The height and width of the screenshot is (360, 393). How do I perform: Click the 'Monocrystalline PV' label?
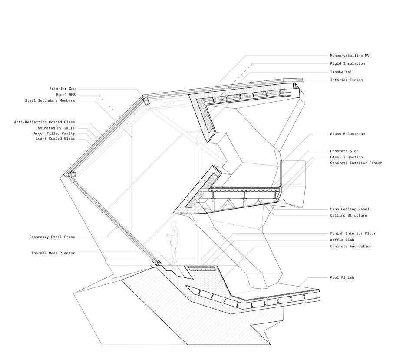coord(350,56)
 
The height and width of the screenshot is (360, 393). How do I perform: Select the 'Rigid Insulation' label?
coord(347,64)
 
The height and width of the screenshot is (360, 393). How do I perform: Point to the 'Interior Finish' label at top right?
coord(346,80)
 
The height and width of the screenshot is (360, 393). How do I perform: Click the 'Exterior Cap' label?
coord(63,89)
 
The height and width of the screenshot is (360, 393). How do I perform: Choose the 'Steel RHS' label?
coord(65,95)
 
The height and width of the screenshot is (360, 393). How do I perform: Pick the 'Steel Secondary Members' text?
coord(50,101)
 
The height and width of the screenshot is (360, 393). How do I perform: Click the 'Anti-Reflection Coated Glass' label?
coord(44,123)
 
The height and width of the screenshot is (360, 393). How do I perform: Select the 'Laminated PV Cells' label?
coord(55,128)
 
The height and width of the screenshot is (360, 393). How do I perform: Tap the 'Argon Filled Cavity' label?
coord(54,133)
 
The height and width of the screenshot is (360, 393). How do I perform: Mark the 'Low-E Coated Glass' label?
coord(55,139)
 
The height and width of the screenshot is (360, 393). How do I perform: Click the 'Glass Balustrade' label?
coord(347,134)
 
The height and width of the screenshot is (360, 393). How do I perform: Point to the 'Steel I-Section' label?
coord(346,157)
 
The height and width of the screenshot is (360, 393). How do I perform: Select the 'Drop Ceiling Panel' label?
coord(350,209)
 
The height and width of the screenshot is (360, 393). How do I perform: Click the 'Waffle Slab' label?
coord(342,240)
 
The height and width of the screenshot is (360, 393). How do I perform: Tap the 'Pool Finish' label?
coord(342,277)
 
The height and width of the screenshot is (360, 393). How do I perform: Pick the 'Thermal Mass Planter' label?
coord(53,253)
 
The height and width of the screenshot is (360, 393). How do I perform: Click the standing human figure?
coord(174,242)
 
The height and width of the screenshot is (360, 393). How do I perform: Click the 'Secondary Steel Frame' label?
coord(52,237)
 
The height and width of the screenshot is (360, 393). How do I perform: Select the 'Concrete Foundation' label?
coord(350,247)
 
